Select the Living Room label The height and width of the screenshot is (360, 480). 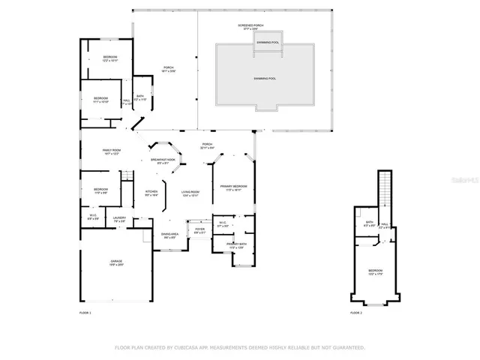pos(190,193)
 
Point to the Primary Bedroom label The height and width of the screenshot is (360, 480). pos(235,187)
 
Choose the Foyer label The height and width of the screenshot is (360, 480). pos(199,230)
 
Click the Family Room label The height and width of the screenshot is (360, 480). pos(112,151)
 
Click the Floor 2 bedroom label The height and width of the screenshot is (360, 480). pos(375,271)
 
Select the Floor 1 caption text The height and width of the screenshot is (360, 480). pos(85,312)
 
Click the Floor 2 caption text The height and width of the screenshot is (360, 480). pos(355,312)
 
